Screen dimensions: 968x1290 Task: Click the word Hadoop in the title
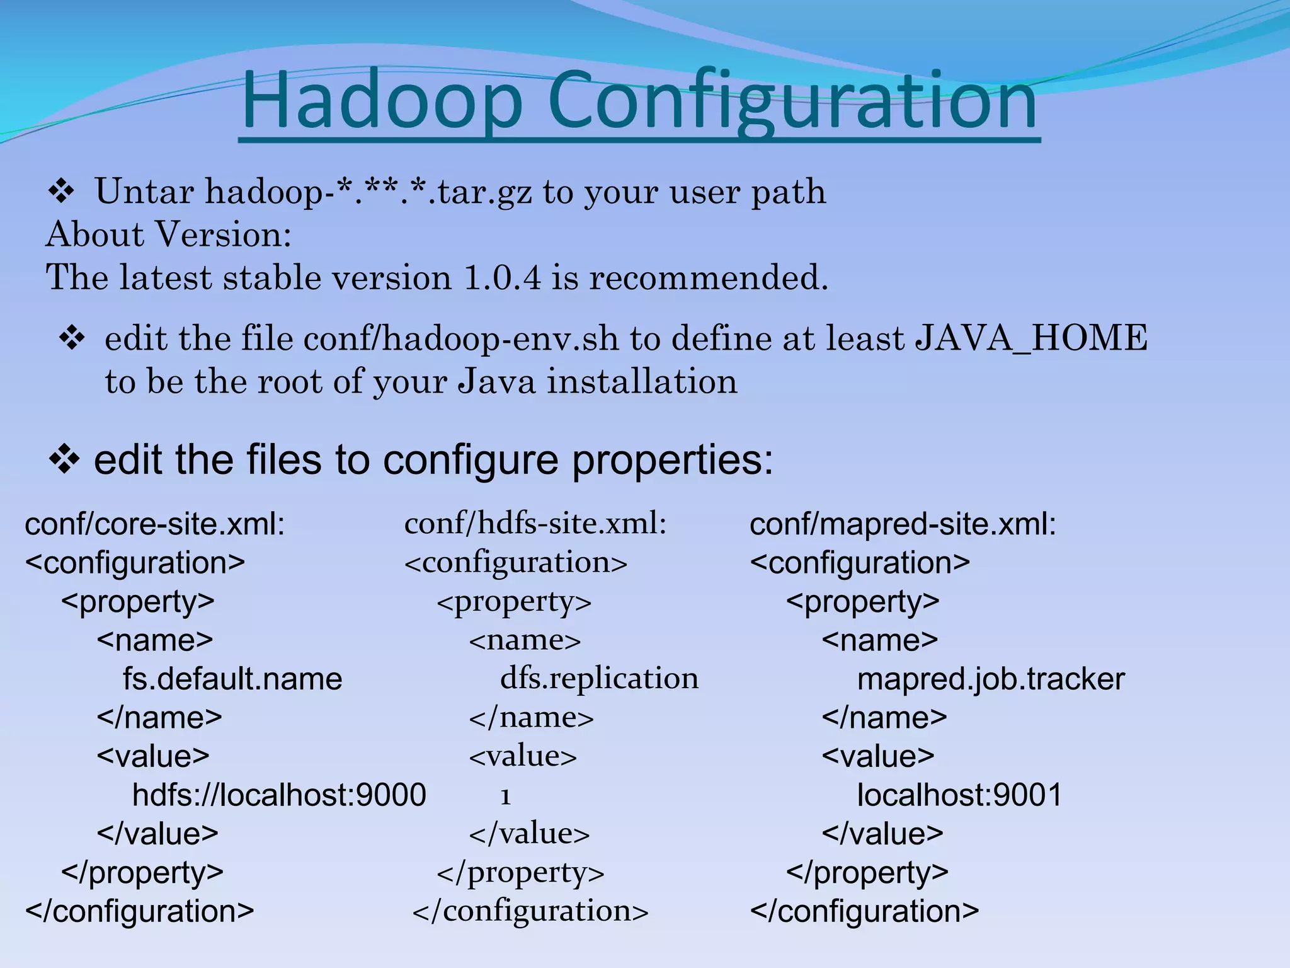click(x=382, y=101)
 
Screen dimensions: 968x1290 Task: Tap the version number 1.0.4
click(x=502, y=277)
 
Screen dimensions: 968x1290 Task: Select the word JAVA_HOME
click(x=1031, y=338)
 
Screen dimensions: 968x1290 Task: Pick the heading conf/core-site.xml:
click(x=154, y=524)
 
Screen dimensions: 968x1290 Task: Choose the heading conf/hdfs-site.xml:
click(x=535, y=523)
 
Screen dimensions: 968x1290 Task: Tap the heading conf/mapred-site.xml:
click(x=903, y=524)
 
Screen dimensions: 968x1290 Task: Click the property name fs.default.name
click(x=232, y=679)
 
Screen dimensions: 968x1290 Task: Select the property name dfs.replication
click(x=599, y=678)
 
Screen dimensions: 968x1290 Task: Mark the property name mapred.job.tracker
click(x=991, y=679)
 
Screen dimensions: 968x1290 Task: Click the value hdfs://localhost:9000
click(x=279, y=795)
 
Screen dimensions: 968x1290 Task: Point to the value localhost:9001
click(x=959, y=795)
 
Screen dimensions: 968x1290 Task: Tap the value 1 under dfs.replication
click(x=505, y=797)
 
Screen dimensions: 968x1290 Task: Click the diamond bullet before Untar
click(x=61, y=192)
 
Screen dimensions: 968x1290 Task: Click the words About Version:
click(x=169, y=234)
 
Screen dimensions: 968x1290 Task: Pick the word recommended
click(x=708, y=277)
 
